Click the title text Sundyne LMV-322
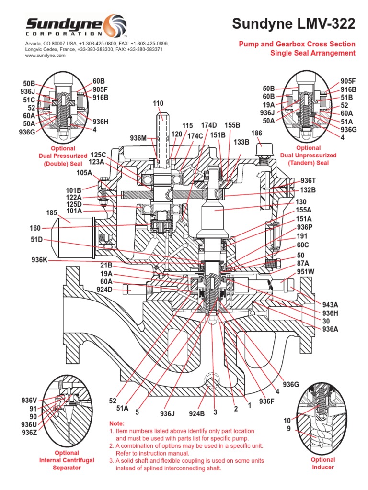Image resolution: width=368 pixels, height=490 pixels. pyautogui.click(x=294, y=24)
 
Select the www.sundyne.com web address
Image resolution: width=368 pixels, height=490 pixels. pyautogui.click(x=45, y=56)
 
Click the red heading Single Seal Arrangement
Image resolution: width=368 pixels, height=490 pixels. pyautogui.click(x=313, y=53)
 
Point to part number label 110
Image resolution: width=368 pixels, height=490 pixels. pyautogui.click(x=158, y=103)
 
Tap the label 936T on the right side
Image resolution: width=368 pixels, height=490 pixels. pyautogui.click(x=308, y=180)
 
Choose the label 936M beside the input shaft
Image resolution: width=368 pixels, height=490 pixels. pyautogui.click(x=140, y=138)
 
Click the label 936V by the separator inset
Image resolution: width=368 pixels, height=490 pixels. pyautogui.click(x=30, y=400)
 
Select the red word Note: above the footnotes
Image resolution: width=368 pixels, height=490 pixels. pyautogui.click(x=117, y=423)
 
